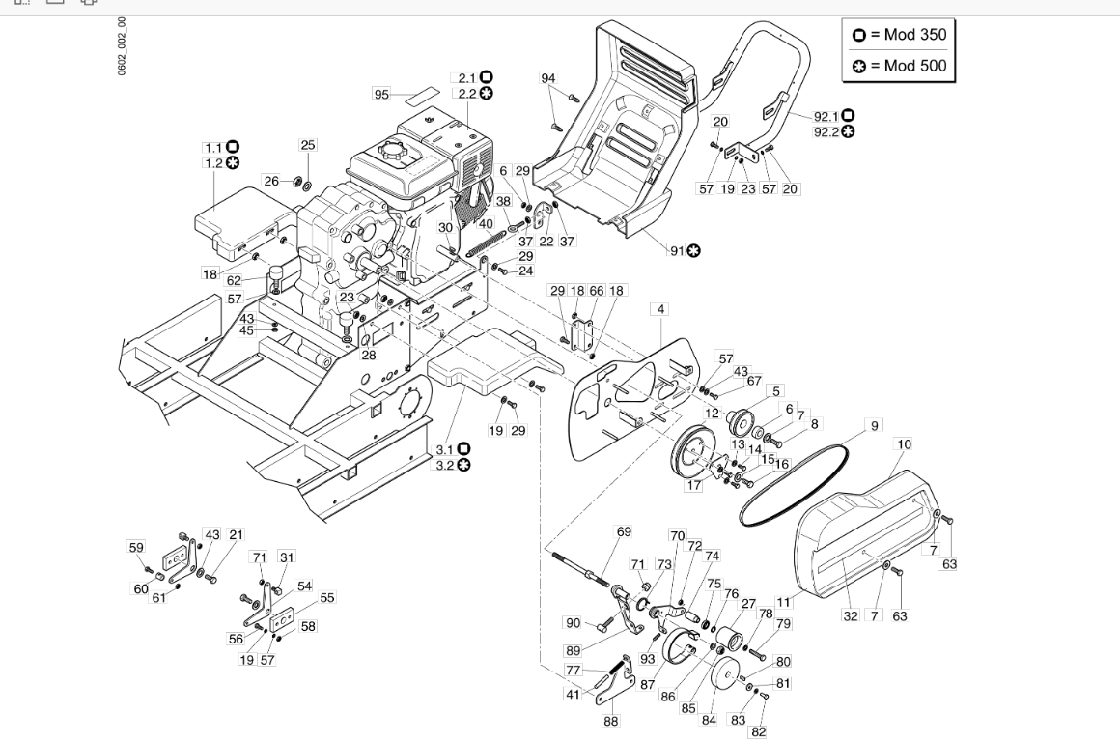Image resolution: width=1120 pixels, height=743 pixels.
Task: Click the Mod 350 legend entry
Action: pos(900,35)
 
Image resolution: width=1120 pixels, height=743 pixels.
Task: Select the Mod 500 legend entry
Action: pos(900,66)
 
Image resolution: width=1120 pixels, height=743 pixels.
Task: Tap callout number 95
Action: pos(382,94)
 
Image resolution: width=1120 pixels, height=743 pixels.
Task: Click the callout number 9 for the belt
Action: pos(875,425)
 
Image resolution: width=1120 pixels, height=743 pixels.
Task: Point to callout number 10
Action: pos(905,444)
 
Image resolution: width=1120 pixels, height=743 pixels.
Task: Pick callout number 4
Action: pos(661,309)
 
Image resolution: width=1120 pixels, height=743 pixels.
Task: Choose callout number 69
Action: pos(624,531)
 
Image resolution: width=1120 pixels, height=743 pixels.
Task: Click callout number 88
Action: pos(611,722)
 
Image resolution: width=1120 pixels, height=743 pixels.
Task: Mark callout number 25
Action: pos(308,145)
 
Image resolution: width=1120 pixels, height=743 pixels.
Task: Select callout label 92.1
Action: pos(826,116)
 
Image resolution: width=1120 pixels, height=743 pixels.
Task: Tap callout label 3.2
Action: pos(445,466)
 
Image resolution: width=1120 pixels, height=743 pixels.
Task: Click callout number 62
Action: pos(234,281)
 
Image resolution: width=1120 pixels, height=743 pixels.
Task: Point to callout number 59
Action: pos(136,547)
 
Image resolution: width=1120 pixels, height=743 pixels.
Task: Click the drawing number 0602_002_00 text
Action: pos(123,46)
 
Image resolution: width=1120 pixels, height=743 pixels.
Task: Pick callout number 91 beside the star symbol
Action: pos(677,250)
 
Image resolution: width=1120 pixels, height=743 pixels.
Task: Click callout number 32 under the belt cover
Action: pos(850,615)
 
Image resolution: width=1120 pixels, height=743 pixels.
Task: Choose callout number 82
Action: pos(759,731)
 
